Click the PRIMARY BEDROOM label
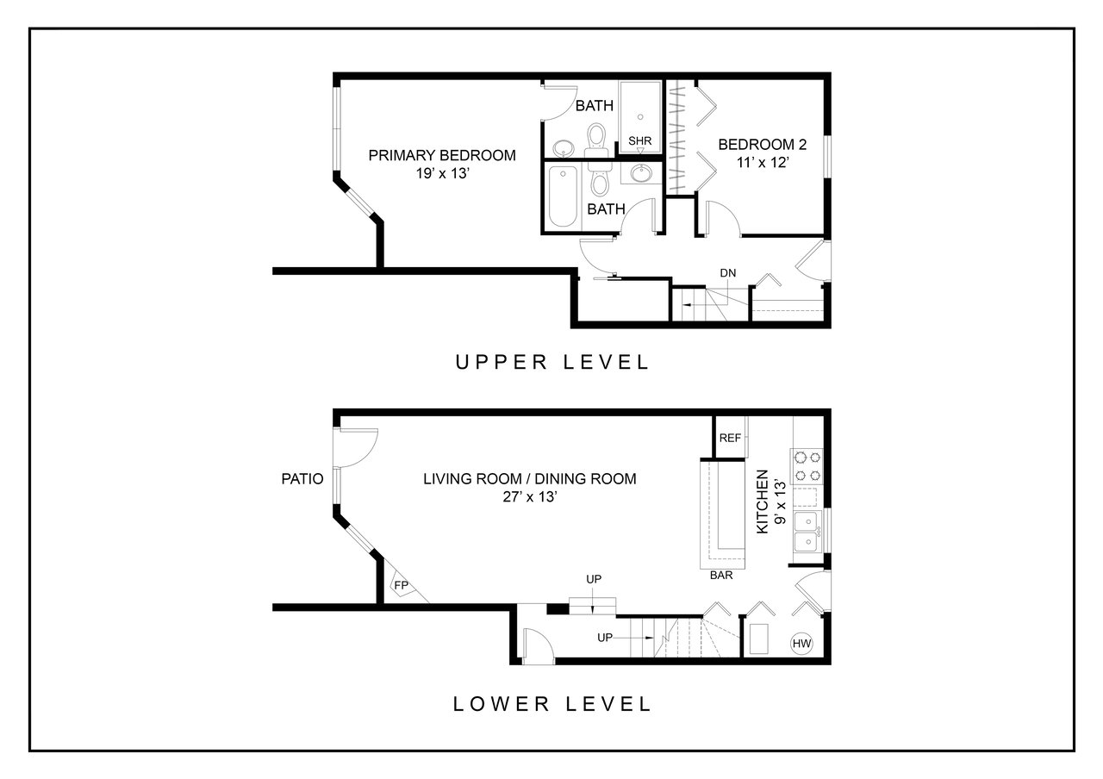point(442,156)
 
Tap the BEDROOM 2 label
point(763,145)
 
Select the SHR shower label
point(639,140)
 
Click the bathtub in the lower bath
point(563,196)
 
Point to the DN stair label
point(728,273)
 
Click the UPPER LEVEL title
point(552,363)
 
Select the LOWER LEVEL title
point(552,704)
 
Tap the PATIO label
point(302,478)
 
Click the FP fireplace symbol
point(402,585)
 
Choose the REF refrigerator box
point(730,438)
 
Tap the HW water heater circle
point(801,643)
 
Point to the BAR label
point(721,575)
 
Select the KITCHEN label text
point(763,502)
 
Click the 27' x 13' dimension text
point(529,497)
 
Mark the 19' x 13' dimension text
point(442,173)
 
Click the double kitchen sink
point(807,533)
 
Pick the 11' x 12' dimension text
point(763,163)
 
